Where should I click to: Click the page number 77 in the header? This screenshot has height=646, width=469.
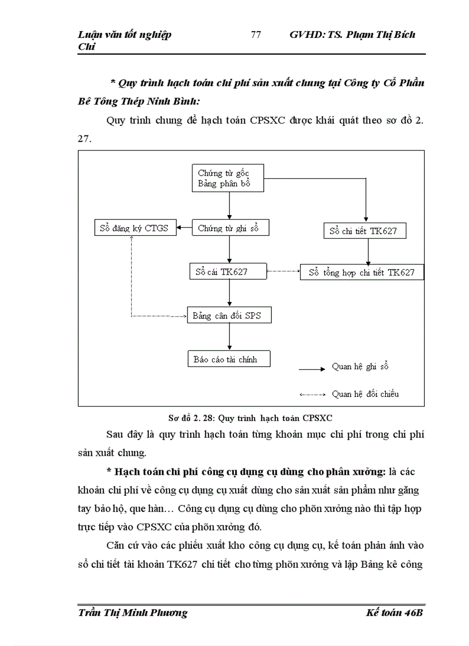tap(256, 35)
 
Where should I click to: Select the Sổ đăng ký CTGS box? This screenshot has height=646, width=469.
tap(136, 228)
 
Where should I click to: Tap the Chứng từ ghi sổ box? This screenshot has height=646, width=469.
tap(229, 228)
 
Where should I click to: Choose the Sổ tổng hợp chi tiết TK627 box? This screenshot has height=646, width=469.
tap(362, 272)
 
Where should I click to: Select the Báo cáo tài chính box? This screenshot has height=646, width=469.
tap(229, 360)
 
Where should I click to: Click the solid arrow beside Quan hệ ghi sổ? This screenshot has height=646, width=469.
tap(313, 366)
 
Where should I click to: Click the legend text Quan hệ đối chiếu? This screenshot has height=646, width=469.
tap(366, 395)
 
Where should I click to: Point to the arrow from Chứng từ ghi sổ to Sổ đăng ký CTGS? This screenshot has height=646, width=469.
tap(184, 228)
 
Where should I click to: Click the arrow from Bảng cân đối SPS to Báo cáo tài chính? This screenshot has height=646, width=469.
tap(229, 337)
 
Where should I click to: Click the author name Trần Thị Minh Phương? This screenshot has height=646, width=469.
tap(132, 613)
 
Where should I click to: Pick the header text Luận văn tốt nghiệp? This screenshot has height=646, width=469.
tap(124, 35)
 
